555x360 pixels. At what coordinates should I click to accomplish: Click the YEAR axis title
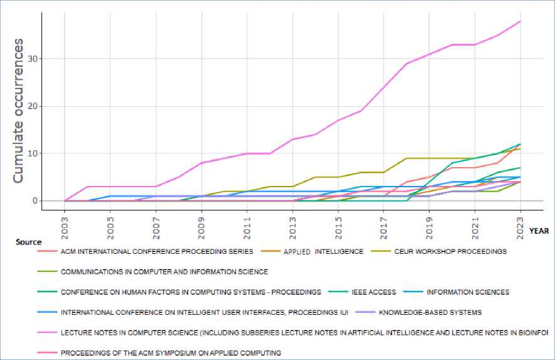(x=539, y=231)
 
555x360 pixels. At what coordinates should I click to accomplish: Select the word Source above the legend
(x=29, y=242)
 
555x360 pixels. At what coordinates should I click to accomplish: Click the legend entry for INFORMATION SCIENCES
(x=467, y=292)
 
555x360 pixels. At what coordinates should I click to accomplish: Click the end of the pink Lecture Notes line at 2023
(x=520, y=21)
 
